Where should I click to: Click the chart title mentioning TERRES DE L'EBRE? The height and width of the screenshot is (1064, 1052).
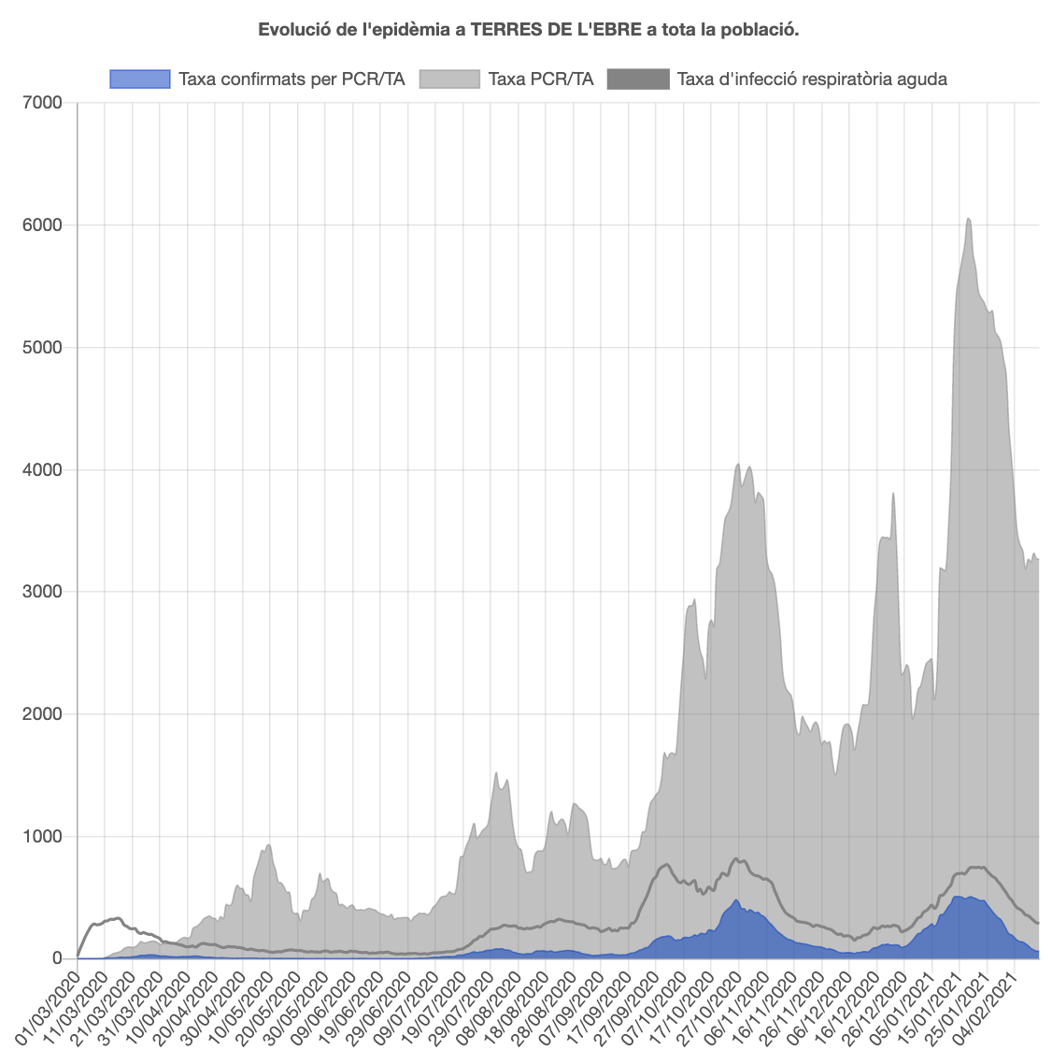pos(528,30)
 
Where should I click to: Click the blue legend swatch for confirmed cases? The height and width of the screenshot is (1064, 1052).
pos(140,79)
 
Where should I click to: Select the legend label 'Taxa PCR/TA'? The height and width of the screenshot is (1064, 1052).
pos(540,79)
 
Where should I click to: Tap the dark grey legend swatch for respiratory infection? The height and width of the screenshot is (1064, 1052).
pos(638,79)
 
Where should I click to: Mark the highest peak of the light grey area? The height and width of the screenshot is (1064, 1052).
pos(969,219)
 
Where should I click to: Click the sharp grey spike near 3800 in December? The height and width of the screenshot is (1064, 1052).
pos(893,494)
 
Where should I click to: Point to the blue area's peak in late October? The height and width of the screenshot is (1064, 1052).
pos(736,900)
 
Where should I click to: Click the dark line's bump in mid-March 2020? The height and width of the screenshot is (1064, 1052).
pos(116,918)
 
